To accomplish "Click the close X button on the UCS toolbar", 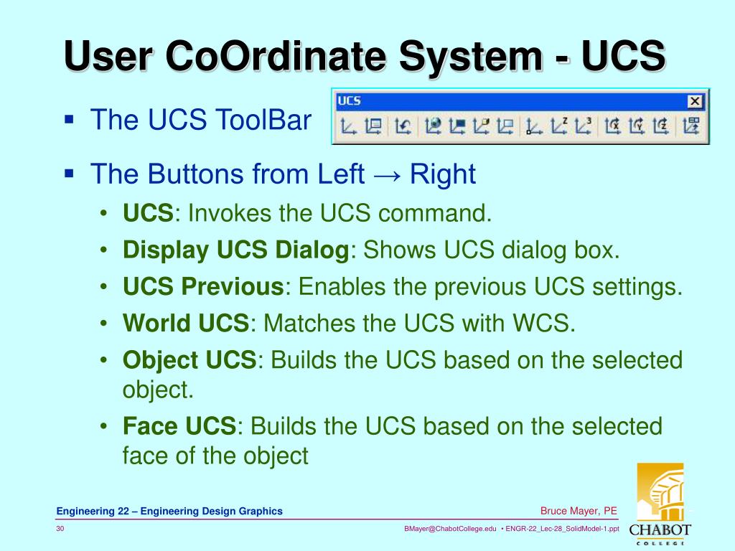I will coord(694,101).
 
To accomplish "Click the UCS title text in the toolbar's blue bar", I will coord(349,101).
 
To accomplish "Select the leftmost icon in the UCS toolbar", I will coord(349,127).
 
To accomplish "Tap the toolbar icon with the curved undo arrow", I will coord(403,127).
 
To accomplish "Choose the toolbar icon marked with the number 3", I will coord(584,127).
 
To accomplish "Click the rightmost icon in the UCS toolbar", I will coord(691,127).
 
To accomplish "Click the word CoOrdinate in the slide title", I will coord(281,57).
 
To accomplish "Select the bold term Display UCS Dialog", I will coord(235,250).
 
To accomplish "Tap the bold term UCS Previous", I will coord(203,287).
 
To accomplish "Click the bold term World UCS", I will coord(185,324).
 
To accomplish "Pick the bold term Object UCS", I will coord(189,360).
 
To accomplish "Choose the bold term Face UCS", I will coord(179,426).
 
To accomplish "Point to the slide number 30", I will coord(61,529).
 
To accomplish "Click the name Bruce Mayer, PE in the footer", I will coord(579,511).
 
